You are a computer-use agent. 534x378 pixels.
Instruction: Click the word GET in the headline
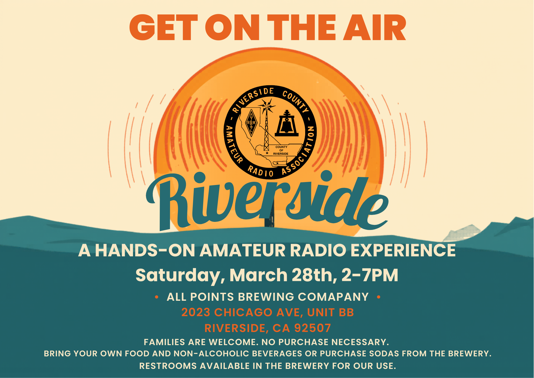click(x=164, y=28)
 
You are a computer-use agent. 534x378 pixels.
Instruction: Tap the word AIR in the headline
click(x=374, y=28)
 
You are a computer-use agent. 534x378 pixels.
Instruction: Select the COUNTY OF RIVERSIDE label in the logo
click(x=281, y=150)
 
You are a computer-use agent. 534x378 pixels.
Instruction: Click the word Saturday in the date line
click(x=178, y=276)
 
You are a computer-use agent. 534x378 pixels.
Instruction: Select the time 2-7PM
click(x=370, y=275)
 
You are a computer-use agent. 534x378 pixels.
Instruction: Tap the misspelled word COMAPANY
click(x=333, y=297)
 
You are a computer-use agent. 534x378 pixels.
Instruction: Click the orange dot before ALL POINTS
click(x=157, y=297)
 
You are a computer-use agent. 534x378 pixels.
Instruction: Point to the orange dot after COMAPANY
click(x=379, y=297)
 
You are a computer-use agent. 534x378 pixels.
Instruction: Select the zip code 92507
click(x=312, y=328)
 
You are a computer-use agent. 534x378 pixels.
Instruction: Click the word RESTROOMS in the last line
click(x=168, y=366)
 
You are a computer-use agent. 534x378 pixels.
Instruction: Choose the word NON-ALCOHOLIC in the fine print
click(x=211, y=354)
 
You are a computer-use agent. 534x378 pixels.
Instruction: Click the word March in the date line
click(x=258, y=275)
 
